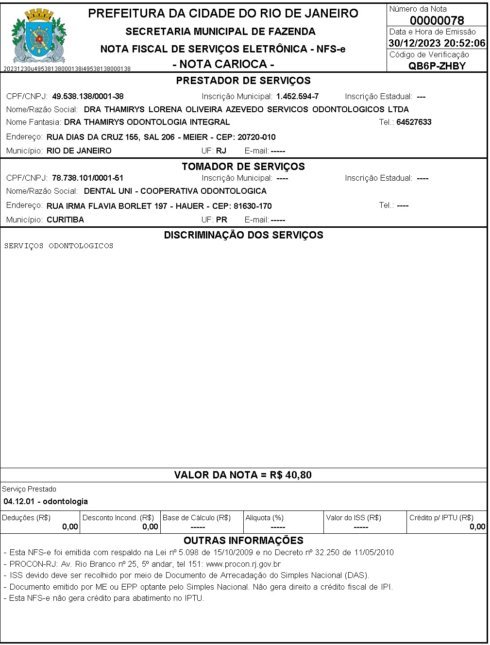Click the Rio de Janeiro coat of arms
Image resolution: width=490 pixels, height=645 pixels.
coord(38,37)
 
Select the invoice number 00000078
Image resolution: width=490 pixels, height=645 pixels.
coord(437,20)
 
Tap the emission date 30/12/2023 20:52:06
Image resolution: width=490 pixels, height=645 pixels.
coord(437,43)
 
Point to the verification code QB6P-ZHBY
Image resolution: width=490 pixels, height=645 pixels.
coord(437,66)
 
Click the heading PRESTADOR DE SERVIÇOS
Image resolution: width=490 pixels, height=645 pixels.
coord(243,81)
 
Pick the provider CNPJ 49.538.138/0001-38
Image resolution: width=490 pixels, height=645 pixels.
coord(88,96)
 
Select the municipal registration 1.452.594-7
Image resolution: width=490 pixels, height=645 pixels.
coord(297,96)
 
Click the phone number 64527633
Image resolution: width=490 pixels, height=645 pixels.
coord(414,122)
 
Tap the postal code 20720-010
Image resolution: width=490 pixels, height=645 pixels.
coord(256,137)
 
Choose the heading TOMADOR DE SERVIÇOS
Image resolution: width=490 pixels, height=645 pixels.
coord(243,167)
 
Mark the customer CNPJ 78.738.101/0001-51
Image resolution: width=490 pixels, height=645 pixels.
coord(88,178)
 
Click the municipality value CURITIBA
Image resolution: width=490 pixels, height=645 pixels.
coord(65,220)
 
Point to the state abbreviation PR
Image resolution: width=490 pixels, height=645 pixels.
coord(221,220)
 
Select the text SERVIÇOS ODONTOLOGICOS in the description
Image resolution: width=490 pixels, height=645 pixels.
coord(59,246)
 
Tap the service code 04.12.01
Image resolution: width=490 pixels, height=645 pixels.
coord(19,501)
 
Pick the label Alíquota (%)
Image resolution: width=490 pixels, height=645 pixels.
coord(265,518)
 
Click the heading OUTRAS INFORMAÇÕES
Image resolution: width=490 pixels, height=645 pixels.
coord(243,541)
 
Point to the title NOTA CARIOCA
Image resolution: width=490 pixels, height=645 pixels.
coord(223,64)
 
